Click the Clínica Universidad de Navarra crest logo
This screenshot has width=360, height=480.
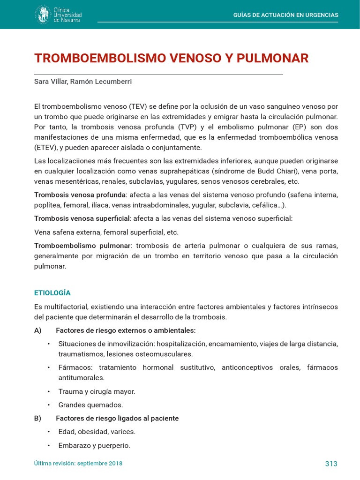coord(43,14)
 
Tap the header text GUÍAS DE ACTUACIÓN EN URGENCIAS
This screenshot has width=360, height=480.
coord(285,15)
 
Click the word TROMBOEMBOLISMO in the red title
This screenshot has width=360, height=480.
coord(100,59)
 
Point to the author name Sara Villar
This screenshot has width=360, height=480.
coord(51,82)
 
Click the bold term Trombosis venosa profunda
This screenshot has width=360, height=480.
coord(80,195)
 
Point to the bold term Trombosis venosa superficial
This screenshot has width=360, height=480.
coord(82,218)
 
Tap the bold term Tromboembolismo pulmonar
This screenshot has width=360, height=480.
coord(82,246)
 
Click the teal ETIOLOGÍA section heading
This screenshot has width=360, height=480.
coord(52,293)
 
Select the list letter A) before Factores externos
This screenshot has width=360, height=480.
coord(38,330)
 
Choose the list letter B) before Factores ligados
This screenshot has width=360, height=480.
coord(38,418)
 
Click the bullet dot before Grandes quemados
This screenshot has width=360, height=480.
coord(48,405)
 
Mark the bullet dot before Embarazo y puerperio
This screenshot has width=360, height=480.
coord(48,445)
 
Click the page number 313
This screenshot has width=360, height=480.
coord(331,464)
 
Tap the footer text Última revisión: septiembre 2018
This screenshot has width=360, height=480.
coord(78,463)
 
